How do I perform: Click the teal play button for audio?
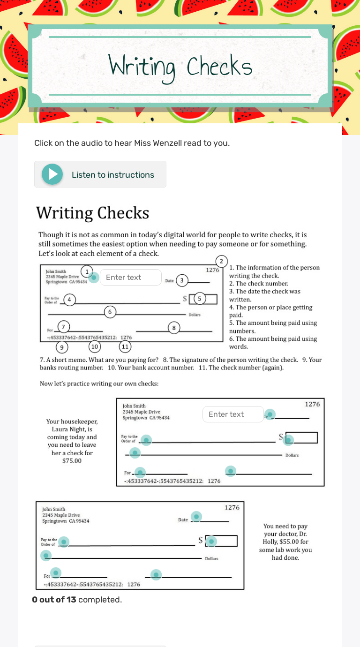click(52, 174)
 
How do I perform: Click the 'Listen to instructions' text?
click(112, 175)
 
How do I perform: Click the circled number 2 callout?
click(221, 261)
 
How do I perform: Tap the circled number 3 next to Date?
click(182, 281)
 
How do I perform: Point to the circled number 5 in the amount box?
click(200, 298)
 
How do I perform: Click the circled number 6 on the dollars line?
click(110, 312)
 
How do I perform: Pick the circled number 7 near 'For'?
click(64, 326)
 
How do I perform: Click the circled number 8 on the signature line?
click(174, 328)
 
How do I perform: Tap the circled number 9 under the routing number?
click(61, 347)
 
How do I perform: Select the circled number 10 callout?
click(95, 346)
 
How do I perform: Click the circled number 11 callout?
click(125, 346)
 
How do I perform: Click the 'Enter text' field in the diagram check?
click(130, 277)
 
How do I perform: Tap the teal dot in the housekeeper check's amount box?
click(289, 440)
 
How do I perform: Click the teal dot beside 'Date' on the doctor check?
click(197, 517)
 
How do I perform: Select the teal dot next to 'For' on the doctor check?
click(56, 572)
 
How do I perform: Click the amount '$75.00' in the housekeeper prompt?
click(72, 461)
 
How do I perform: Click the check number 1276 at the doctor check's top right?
click(232, 507)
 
